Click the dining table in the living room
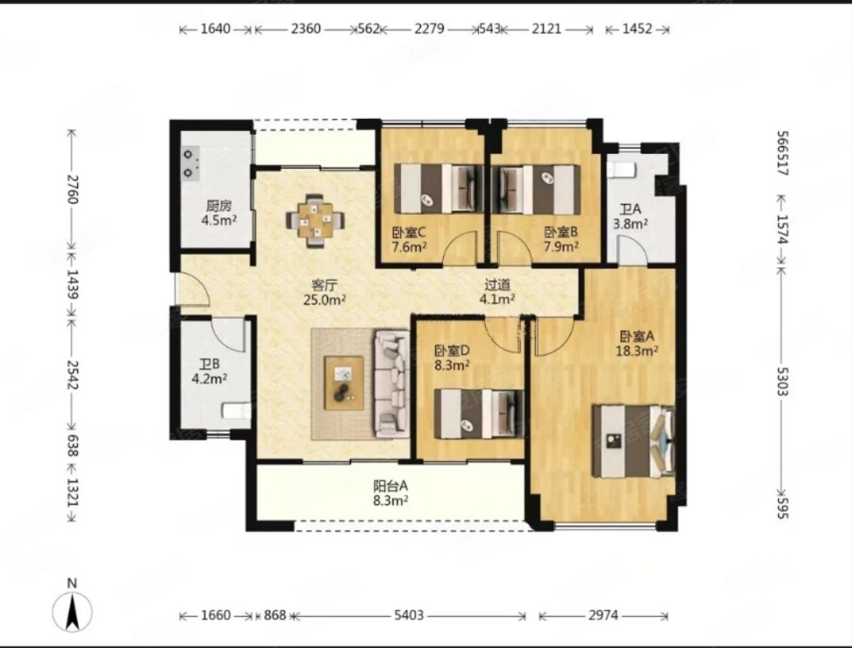click(x=315, y=220)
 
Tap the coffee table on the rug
click(x=343, y=383)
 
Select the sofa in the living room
click(x=392, y=384)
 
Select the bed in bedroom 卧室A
click(x=633, y=441)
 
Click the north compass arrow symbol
click(x=72, y=612)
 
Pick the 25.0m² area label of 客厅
click(x=325, y=300)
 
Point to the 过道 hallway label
click(x=497, y=284)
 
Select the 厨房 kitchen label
click(x=219, y=206)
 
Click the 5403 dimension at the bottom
click(x=409, y=615)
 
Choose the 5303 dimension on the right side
click(x=782, y=382)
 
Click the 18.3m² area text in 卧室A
click(x=637, y=351)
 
